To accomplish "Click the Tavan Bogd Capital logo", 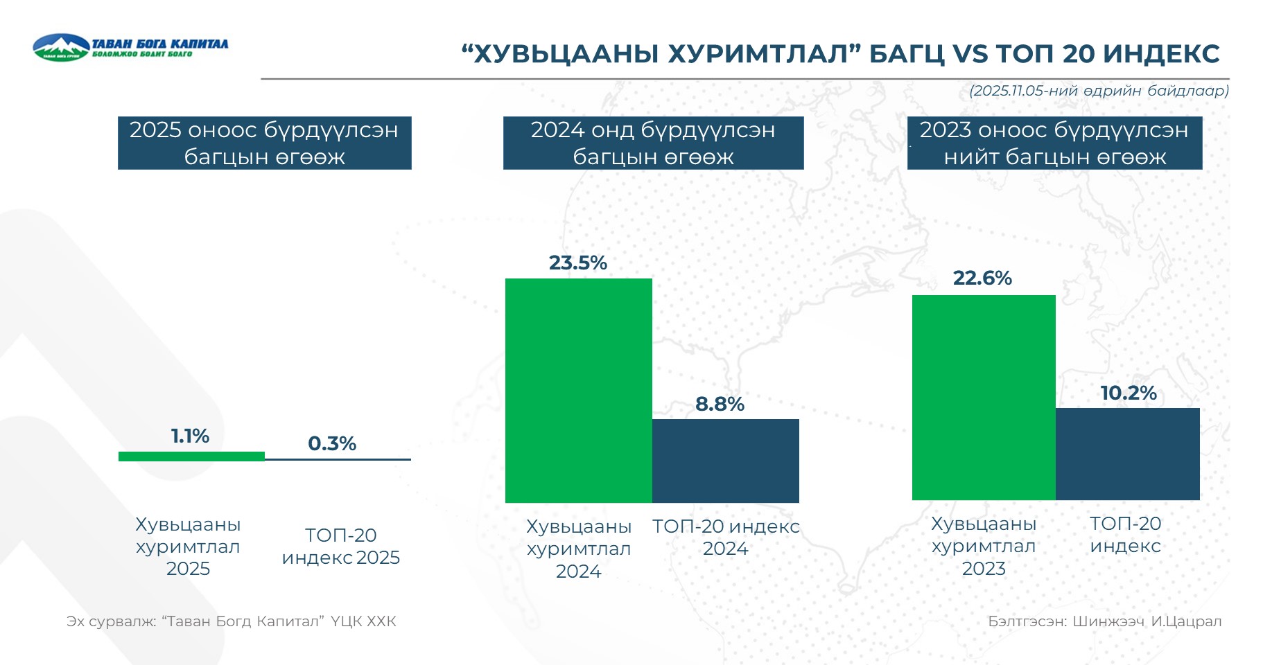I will click(130, 47).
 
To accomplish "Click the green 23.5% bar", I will click(578, 390).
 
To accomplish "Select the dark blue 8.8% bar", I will click(725, 461).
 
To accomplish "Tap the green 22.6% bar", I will click(983, 397).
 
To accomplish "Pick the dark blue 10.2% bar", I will click(1127, 454).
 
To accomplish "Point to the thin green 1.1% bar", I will click(191, 456).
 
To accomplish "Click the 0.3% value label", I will click(332, 443).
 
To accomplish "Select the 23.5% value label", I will click(578, 263).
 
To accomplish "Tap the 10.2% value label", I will click(1129, 393).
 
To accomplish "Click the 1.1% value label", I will click(190, 436).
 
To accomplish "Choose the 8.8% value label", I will click(720, 405).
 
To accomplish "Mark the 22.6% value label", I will click(982, 278).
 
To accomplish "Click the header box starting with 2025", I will click(264, 143).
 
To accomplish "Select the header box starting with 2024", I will click(653, 143).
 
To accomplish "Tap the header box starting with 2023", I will click(1054, 143).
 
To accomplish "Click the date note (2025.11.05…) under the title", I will click(1099, 91).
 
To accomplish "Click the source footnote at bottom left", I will click(232, 621).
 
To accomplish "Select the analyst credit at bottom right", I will click(1104, 621).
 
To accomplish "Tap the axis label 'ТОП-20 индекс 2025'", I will click(340, 547).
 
